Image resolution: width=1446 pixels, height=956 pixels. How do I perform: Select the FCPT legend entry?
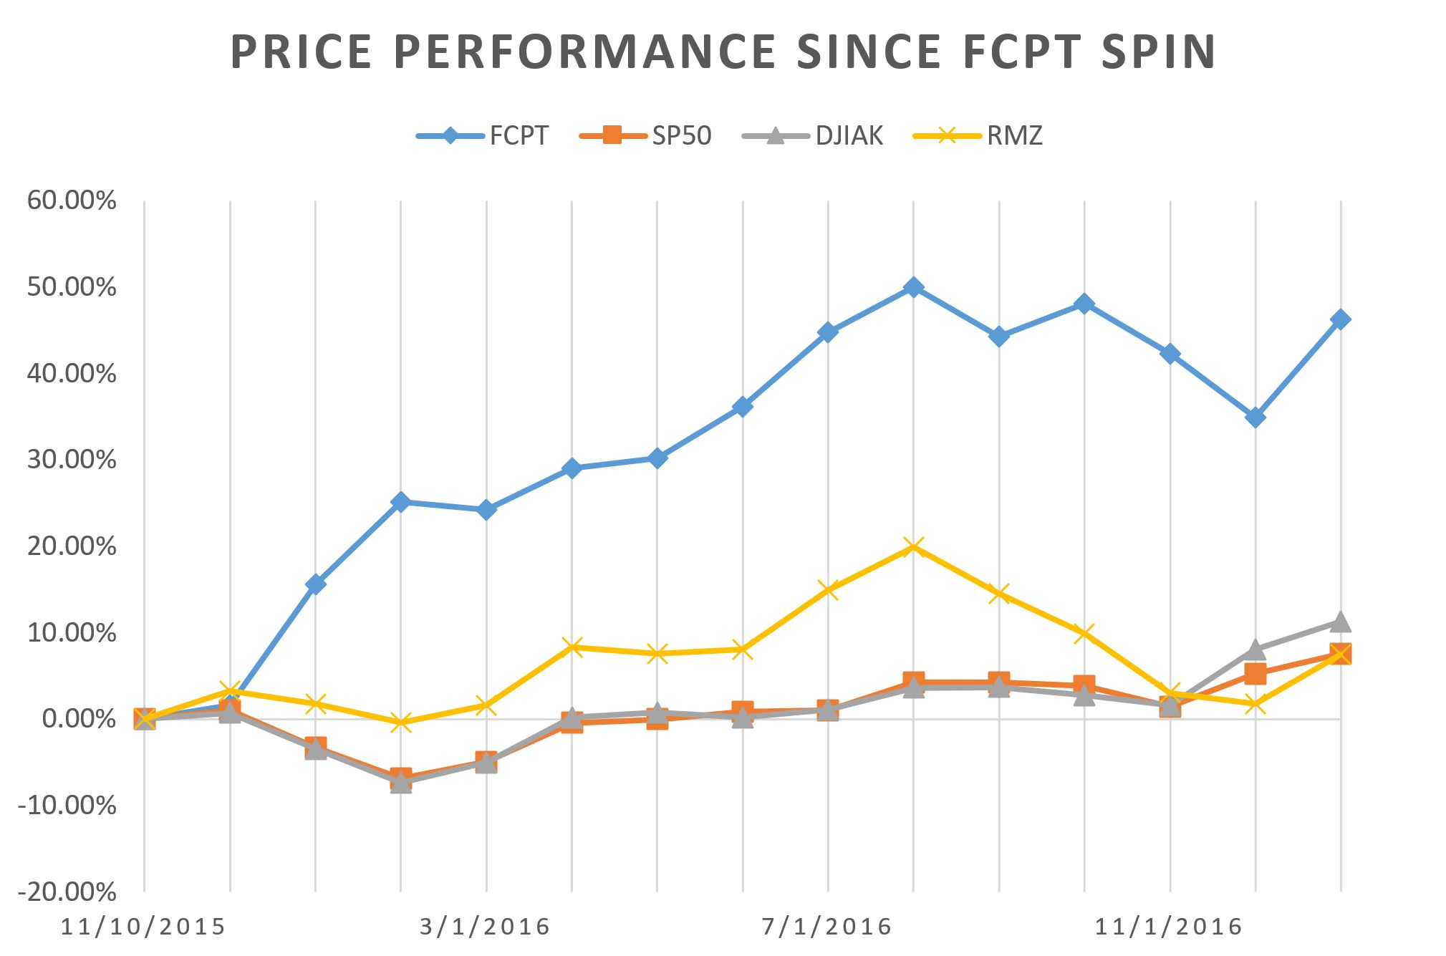(x=519, y=135)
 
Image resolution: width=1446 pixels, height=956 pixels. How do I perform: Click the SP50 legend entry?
(x=681, y=135)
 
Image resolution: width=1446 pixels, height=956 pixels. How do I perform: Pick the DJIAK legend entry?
(x=849, y=135)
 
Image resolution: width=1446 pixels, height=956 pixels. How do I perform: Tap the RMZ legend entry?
(x=1014, y=135)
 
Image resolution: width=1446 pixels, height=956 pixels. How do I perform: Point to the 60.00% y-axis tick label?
(x=72, y=201)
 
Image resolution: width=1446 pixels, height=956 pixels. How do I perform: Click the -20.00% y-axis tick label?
(x=69, y=892)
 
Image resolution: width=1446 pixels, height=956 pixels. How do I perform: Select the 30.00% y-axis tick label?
(x=72, y=460)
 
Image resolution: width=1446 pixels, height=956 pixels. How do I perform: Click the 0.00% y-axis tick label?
(x=79, y=719)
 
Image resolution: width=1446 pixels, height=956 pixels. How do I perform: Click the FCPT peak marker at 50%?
(x=913, y=287)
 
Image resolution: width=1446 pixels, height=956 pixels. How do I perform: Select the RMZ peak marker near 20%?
(x=913, y=548)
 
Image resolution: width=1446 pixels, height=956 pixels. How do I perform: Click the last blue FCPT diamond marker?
(x=1341, y=319)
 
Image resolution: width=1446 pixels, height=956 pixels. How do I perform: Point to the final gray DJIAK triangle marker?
(x=1341, y=622)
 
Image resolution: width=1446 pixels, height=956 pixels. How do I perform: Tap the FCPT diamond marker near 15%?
(x=315, y=584)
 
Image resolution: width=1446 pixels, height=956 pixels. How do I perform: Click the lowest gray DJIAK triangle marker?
(x=401, y=783)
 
